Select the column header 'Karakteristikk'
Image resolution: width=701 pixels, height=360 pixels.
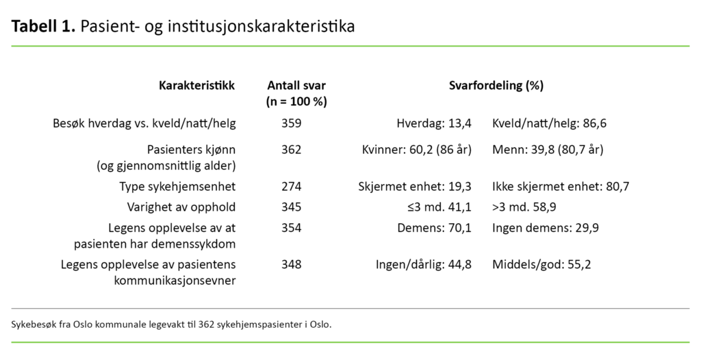click(x=196, y=86)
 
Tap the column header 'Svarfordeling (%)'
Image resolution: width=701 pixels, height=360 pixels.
click(x=496, y=86)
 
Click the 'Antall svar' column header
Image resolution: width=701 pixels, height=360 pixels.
click(x=296, y=86)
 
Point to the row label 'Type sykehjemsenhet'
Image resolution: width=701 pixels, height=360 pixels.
click(x=177, y=186)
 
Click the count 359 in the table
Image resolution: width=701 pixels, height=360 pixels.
click(x=291, y=124)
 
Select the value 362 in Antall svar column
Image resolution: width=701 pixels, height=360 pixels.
click(x=291, y=149)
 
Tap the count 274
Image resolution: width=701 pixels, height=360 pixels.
click(x=291, y=186)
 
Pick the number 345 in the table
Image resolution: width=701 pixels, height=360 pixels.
click(x=291, y=207)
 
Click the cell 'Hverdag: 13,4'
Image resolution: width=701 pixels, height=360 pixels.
click(x=434, y=124)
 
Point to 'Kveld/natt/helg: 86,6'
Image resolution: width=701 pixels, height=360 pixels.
click(x=550, y=124)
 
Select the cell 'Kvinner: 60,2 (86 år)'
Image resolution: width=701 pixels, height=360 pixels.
click(x=416, y=149)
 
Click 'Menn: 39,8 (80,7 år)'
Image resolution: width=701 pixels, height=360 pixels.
click(x=547, y=149)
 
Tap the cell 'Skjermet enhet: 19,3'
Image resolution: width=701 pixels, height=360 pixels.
click(x=415, y=186)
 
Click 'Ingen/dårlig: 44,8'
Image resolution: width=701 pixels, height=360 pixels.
click(x=423, y=264)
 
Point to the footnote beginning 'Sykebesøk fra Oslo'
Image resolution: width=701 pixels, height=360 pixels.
click(x=171, y=324)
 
